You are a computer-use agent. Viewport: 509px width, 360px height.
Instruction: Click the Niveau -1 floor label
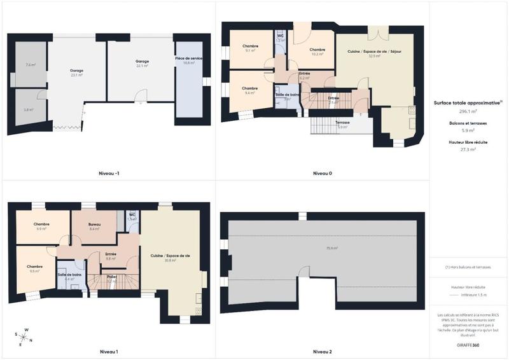click(x=109, y=173)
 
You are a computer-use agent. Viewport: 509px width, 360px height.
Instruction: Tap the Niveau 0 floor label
click(x=323, y=173)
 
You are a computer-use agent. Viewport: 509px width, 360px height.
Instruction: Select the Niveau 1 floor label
click(x=109, y=351)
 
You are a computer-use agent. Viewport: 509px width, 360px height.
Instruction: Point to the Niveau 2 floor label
click(x=323, y=351)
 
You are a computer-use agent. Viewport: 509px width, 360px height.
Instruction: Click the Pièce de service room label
click(x=188, y=59)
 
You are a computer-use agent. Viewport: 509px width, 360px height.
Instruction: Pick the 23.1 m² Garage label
click(x=77, y=71)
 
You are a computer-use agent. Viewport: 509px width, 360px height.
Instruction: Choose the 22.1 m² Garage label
click(x=142, y=62)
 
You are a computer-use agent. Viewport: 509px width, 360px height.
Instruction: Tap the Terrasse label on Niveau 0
click(x=343, y=121)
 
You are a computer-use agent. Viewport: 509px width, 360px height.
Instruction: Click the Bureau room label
click(x=95, y=225)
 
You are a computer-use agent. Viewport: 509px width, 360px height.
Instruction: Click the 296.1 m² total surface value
click(x=469, y=111)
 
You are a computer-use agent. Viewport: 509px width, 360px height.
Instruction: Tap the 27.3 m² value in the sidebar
click(x=469, y=149)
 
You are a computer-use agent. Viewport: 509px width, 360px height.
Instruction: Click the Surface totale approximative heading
click(x=468, y=102)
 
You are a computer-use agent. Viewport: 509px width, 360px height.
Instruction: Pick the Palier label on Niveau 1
click(x=111, y=277)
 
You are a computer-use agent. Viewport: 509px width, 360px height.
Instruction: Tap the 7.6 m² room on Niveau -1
click(x=31, y=65)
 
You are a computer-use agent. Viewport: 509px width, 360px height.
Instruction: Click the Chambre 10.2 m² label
click(x=317, y=50)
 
